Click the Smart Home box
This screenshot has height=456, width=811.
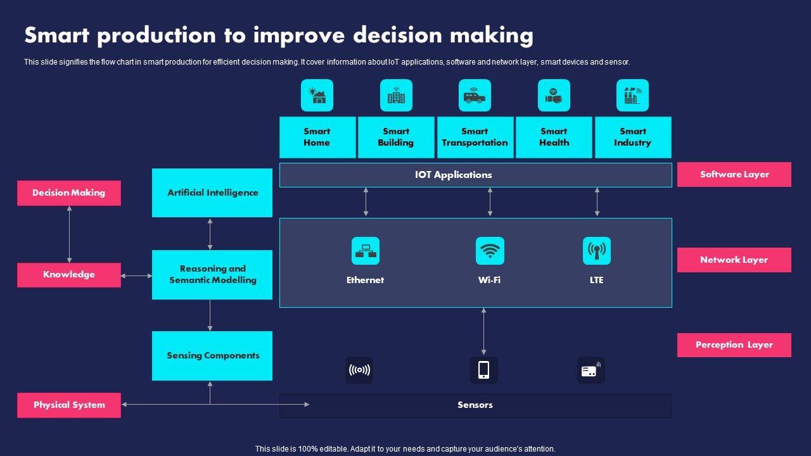click(x=317, y=137)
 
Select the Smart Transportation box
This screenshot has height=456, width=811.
click(x=475, y=137)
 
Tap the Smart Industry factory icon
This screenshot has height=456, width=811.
click(x=632, y=96)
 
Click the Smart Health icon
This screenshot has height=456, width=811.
click(x=554, y=96)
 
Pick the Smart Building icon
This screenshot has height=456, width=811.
click(x=396, y=96)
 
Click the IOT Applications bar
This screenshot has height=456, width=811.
click(x=475, y=175)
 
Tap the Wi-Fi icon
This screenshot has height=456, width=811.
click(x=490, y=251)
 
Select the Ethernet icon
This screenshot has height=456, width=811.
click(x=366, y=251)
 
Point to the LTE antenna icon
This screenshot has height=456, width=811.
click(x=596, y=251)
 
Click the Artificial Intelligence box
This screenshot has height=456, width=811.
click(x=212, y=193)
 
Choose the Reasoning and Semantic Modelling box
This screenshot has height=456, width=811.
click(x=212, y=274)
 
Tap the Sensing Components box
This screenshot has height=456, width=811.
click(x=212, y=355)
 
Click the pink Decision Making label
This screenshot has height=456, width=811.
click(x=69, y=193)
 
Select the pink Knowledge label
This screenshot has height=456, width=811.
click(x=69, y=275)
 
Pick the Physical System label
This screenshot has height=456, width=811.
click(x=69, y=405)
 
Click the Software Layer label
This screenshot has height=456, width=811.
click(x=734, y=174)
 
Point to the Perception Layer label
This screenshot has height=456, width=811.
click(x=734, y=345)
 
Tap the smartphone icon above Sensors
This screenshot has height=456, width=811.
click(x=483, y=370)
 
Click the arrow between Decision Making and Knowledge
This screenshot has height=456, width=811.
click(x=69, y=234)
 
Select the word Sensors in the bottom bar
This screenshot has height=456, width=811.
click(x=475, y=405)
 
